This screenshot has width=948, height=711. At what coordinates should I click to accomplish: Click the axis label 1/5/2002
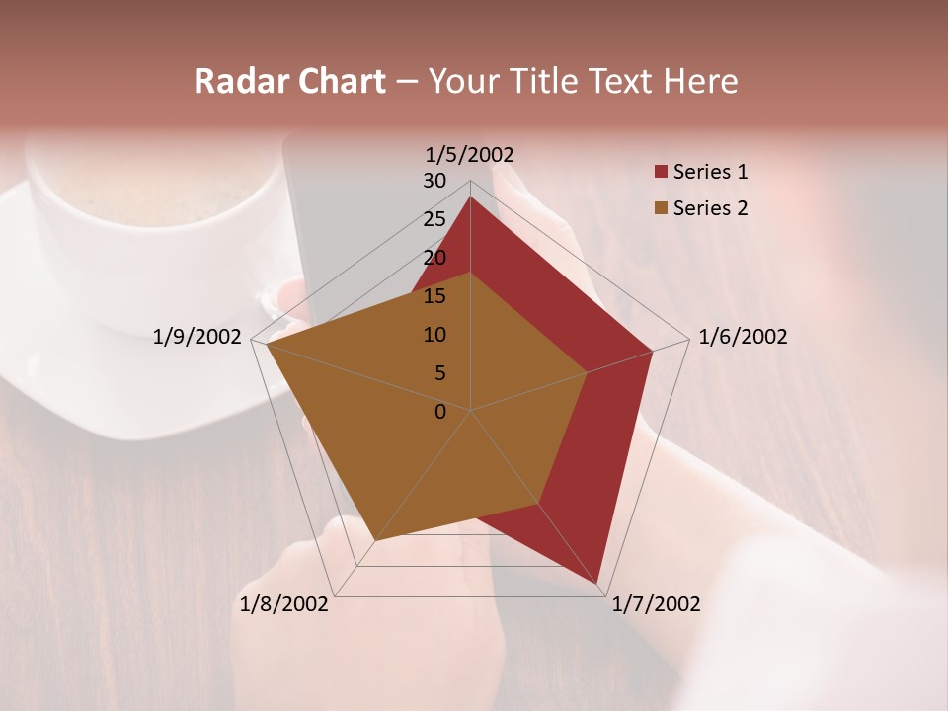tap(470, 155)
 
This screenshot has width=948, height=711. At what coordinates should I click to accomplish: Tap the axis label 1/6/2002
tap(743, 337)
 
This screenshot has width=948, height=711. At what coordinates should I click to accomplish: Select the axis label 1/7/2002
tap(656, 604)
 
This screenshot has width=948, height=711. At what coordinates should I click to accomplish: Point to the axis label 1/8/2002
tap(284, 604)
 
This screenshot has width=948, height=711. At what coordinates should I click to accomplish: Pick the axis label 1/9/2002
tap(197, 337)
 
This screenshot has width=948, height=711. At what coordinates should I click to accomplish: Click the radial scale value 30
tap(434, 181)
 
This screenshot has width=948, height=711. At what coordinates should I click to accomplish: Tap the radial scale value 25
tap(434, 219)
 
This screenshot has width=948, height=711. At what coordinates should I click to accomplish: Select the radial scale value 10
tap(434, 335)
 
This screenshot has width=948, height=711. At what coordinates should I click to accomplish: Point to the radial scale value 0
tap(440, 412)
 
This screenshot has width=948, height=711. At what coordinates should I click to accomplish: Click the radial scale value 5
tap(440, 373)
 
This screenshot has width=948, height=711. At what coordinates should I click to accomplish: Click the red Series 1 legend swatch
tap(661, 173)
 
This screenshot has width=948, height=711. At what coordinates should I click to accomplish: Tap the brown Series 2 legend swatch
tap(661, 208)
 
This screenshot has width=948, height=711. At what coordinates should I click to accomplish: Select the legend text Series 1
tap(710, 172)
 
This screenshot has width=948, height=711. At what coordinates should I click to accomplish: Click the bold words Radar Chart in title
tap(289, 82)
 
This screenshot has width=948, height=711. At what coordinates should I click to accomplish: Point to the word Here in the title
tap(701, 82)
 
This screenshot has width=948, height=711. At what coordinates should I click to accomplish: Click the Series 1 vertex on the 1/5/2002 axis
tap(470, 197)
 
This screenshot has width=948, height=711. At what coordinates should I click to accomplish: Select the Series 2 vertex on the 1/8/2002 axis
tap(375, 540)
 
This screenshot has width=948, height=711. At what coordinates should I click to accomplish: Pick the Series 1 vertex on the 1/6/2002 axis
tap(653, 351)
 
